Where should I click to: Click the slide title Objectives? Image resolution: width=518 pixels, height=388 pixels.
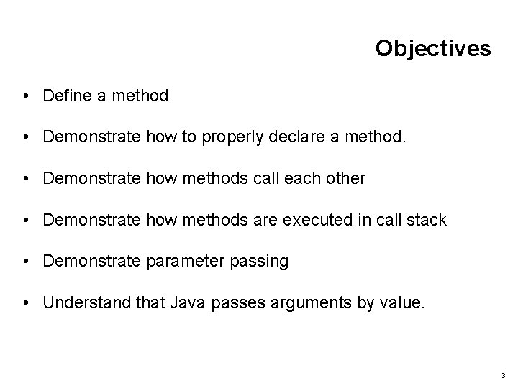pyautogui.click(x=432, y=48)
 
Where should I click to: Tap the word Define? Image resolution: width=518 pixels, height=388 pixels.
pyautogui.click(x=65, y=95)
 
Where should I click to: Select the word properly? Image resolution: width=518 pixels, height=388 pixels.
pyautogui.click(x=232, y=137)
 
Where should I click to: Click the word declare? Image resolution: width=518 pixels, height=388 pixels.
pyautogui.click(x=296, y=137)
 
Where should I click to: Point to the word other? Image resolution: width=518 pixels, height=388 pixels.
pyautogui.click(x=345, y=178)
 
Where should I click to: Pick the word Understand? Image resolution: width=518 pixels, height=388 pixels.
pyautogui.click(x=83, y=303)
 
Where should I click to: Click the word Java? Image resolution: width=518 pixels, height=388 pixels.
pyautogui.click(x=187, y=303)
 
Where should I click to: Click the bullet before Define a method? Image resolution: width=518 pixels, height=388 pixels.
pyautogui.click(x=26, y=95)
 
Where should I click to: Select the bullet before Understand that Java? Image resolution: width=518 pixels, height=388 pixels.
pyautogui.click(x=26, y=303)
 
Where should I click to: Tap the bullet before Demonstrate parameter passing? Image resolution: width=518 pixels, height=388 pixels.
pyautogui.click(x=26, y=262)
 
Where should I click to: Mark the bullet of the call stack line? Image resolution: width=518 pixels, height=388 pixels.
pyautogui.click(x=26, y=220)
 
